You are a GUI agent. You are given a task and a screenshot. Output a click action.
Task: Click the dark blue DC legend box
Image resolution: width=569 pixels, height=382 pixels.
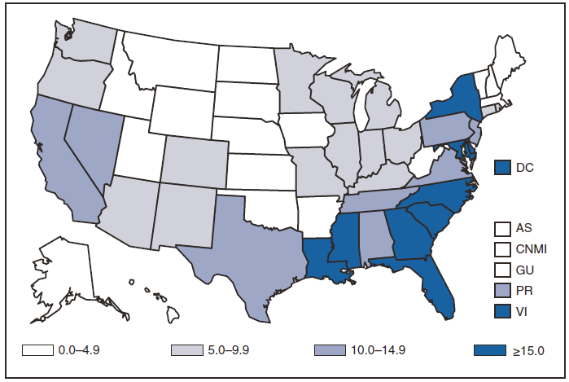coord(503,167)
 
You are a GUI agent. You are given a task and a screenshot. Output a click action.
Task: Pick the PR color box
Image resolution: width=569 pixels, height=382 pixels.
coord(503,289)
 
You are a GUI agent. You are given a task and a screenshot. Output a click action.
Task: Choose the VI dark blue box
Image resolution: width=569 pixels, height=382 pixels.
coord(503,309)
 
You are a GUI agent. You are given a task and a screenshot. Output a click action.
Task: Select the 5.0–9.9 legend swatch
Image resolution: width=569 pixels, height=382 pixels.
coord(183,350)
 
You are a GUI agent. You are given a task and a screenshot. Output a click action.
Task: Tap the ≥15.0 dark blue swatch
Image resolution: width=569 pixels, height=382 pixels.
coord(484,350)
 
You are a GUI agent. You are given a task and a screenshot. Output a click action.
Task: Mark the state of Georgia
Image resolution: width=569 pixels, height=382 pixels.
coord(405,232)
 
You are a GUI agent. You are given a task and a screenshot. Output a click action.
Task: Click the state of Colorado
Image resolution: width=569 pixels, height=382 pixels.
coord(195,159)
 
